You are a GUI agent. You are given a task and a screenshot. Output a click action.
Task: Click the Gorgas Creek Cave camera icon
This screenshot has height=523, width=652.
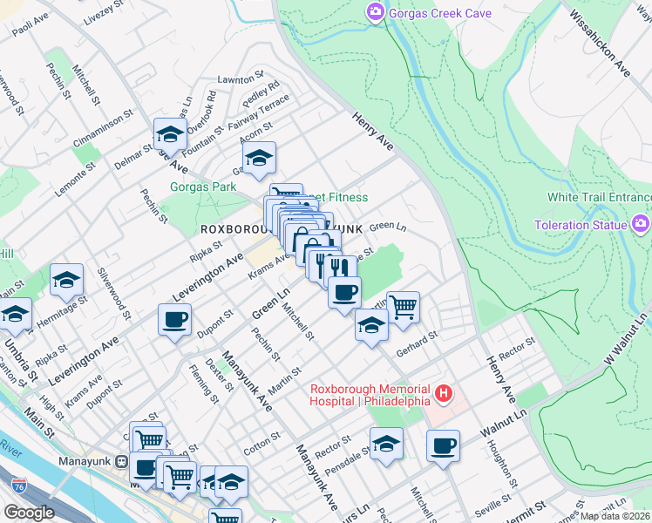click(x=376, y=12)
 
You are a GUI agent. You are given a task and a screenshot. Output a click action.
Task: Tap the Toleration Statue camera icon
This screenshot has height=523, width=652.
click(x=642, y=225)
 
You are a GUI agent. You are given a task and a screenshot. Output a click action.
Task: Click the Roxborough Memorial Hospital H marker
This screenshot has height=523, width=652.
click(x=445, y=394)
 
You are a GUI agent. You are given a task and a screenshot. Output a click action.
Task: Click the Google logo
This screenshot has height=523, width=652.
click(x=29, y=513)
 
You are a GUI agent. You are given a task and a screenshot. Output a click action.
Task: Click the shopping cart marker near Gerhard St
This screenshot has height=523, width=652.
click(x=403, y=307)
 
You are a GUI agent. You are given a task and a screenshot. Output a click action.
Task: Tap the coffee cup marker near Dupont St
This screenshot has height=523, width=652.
click(x=174, y=319)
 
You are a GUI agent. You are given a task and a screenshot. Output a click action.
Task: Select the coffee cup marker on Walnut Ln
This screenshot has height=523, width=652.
click(x=443, y=445)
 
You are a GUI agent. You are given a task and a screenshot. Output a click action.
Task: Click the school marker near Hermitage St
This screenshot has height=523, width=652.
click(x=66, y=280)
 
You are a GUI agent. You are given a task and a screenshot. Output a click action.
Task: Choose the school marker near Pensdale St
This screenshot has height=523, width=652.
click(x=386, y=444)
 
